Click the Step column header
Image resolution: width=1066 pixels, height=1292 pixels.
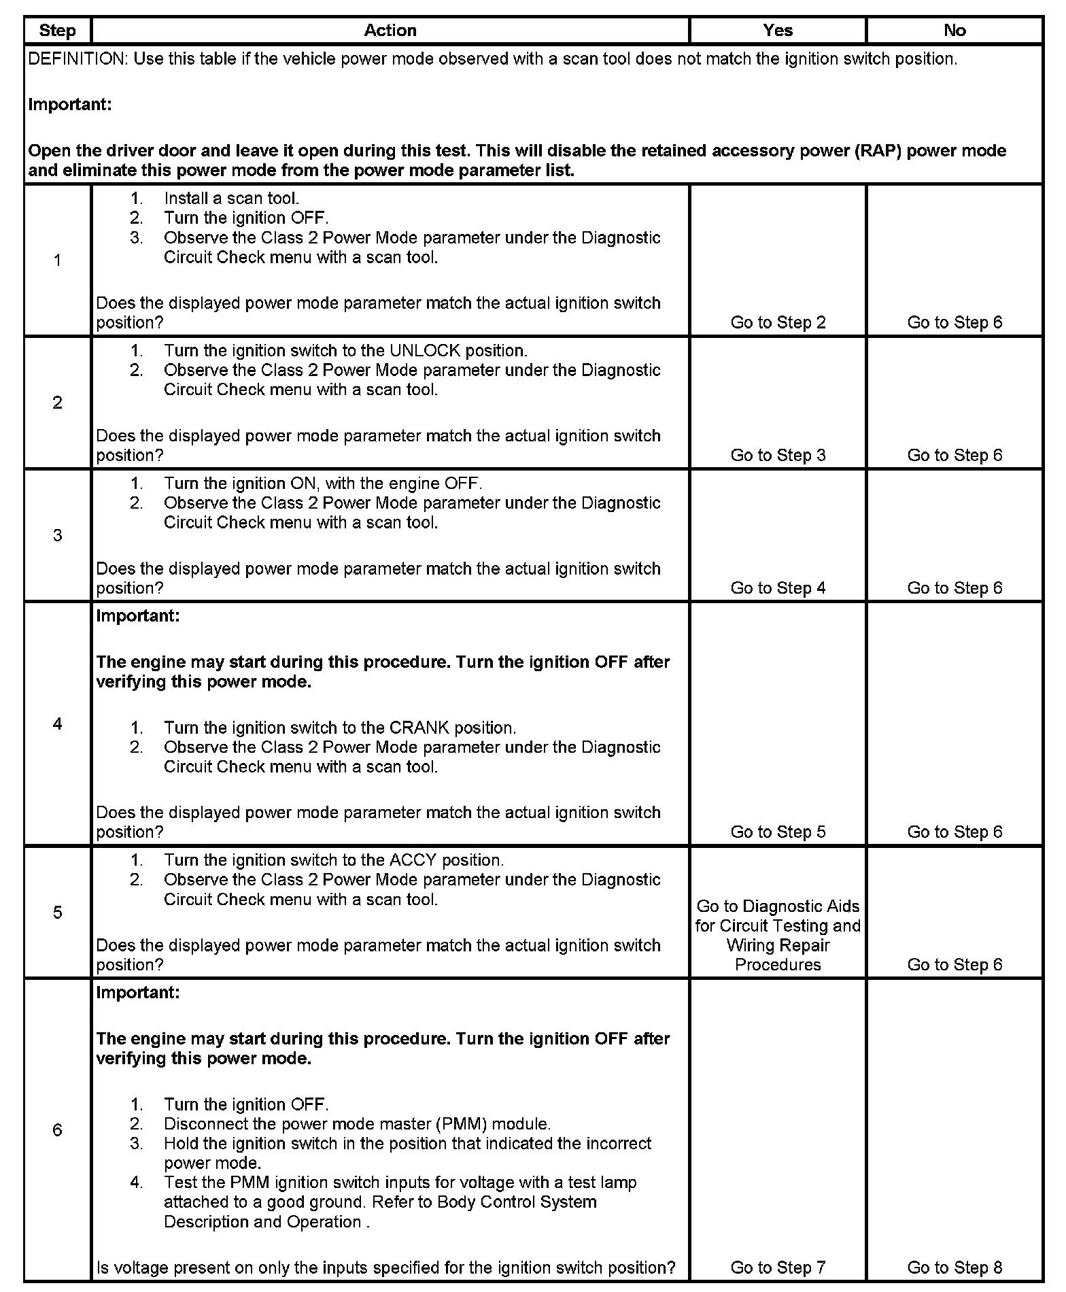57,31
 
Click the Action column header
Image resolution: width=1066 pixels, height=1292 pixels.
390,31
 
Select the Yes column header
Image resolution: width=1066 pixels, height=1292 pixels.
778,31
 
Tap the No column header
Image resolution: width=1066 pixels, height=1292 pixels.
955,31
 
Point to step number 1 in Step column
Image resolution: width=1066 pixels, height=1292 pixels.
57,260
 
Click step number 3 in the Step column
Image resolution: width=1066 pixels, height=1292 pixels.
57,536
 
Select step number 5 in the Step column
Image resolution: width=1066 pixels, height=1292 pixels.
57,913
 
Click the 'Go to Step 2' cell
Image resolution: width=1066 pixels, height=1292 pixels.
778,322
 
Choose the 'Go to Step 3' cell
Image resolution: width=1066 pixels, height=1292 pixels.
778,456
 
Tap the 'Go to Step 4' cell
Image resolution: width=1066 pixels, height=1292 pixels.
778,588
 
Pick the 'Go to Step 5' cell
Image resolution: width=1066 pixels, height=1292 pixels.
778,832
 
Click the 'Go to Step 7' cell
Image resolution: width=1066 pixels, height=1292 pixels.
778,1268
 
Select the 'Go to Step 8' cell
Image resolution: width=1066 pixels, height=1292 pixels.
955,1268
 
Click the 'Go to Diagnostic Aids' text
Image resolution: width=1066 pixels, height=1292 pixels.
778,906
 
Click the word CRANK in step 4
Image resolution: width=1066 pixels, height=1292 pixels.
419,728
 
